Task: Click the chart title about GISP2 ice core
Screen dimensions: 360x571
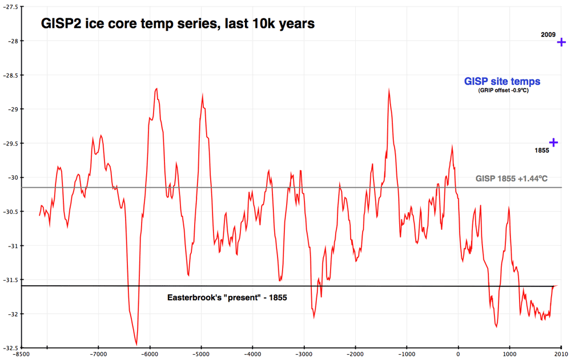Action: point(176,24)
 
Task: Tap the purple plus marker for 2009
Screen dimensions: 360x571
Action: point(562,42)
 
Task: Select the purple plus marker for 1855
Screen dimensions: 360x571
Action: point(553,143)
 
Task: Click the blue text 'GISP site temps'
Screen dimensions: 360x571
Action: point(502,82)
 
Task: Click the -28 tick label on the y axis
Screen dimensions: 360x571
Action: point(10,41)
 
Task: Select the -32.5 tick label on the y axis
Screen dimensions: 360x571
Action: point(10,348)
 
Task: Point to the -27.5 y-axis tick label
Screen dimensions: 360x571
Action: point(10,7)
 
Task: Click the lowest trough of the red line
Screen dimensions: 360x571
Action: point(136,344)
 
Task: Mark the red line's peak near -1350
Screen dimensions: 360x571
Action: point(389,90)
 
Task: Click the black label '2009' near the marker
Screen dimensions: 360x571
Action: point(548,35)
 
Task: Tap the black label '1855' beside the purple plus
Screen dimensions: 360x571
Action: point(541,151)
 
